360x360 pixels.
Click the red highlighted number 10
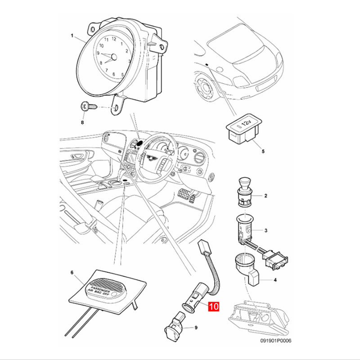[x=213, y=306]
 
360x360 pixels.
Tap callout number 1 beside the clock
[x=72, y=36]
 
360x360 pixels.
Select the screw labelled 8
[x=88, y=107]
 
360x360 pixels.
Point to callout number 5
[x=263, y=151]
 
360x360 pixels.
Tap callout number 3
[x=266, y=230]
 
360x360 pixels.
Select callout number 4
[x=275, y=280]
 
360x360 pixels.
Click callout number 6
[x=72, y=273]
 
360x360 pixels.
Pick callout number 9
[x=196, y=328]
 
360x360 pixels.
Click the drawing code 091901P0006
[x=276, y=341]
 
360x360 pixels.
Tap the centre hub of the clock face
[x=114, y=57]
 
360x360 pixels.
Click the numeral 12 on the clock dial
[x=114, y=39]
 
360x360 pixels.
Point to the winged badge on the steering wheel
[x=151, y=157]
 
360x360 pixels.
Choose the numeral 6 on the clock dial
[x=114, y=74]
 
